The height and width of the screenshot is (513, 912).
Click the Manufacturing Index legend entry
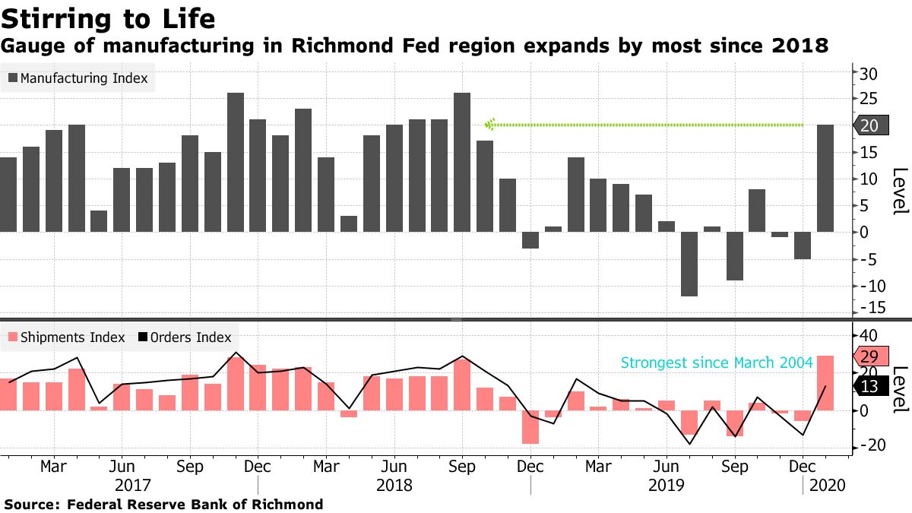(x=78, y=78)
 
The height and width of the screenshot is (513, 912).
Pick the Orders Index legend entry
(x=184, y=337)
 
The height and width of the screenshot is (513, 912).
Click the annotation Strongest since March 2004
(x=717, y=363)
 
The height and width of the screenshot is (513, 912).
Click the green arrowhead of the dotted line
(x=490, y=125)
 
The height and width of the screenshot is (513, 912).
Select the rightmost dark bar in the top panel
(x=825, y=178)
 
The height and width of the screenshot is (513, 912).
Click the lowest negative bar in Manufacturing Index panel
(x=689, y=264)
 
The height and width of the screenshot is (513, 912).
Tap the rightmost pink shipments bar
(x=825, y=383)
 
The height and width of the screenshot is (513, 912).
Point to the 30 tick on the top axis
(x=869, y=74)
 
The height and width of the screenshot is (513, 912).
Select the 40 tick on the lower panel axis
(x=869, y=336)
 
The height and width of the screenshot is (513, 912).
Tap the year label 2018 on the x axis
(x=394, y=484)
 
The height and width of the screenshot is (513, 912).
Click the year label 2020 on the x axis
(x=827, y=484)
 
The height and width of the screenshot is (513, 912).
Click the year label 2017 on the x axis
(x=133, y=484)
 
